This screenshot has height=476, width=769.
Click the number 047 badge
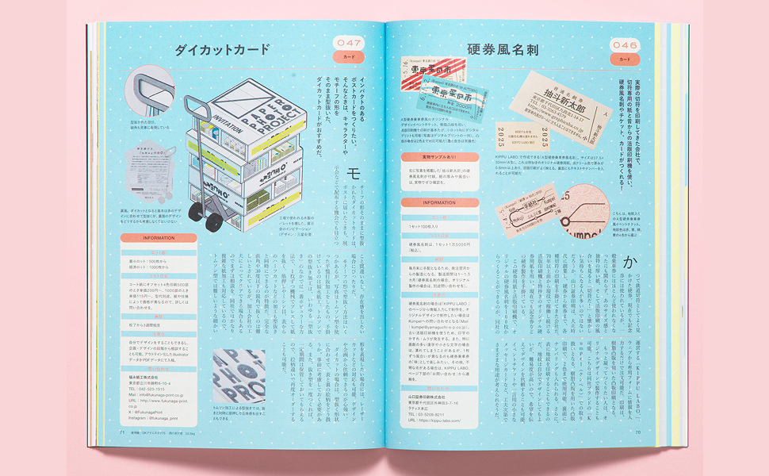pyautogui.click(x=349, y=43)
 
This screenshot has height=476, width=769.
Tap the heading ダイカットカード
pyautogui.click(x=221, y=51)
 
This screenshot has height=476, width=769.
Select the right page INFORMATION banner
pyautogui.click(x=438, y=202)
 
